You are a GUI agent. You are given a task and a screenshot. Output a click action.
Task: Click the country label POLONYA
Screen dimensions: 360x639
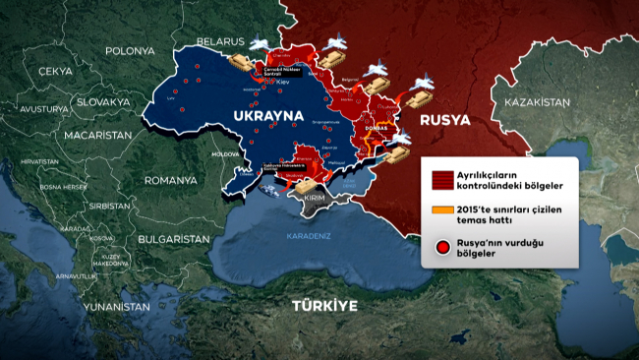coord(131,50)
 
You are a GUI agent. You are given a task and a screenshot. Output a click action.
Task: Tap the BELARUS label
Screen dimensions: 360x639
coord(218,41)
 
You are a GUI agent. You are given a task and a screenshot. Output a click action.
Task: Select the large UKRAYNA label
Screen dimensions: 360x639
coord(264,117)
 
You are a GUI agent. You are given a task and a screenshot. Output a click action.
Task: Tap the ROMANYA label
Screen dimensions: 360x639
coord(170,181)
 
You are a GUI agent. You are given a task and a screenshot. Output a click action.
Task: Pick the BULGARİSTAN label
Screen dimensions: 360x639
coord(174,239)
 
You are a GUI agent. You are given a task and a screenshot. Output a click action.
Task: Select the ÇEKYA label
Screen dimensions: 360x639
coord(55,72)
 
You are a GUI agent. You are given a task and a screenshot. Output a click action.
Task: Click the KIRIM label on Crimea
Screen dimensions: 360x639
coord(315,198)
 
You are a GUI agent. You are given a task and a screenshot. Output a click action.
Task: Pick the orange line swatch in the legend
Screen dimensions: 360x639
coord(442,210)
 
